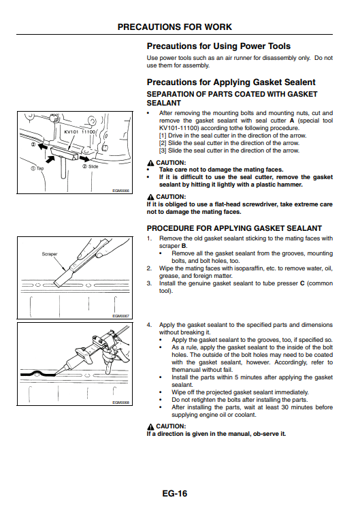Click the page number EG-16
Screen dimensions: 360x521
pos(175,494)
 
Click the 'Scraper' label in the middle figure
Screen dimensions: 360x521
pos(50,254)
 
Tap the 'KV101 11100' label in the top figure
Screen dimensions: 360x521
pos(80,131)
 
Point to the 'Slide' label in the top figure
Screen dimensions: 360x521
pos(93,166)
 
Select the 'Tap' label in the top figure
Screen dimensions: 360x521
pos(40,168)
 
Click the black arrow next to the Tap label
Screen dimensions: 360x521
pos(50,159)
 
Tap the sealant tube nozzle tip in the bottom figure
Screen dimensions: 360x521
pos(55,373)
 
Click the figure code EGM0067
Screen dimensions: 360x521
pos(121,316)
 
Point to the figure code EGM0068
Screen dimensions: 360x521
pos(121,402)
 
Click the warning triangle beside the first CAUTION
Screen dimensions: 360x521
pos(150,163)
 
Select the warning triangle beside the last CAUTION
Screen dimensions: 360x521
pos(150,426)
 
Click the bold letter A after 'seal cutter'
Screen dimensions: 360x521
pos(292,121)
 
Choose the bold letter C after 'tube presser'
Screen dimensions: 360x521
pos(302,283)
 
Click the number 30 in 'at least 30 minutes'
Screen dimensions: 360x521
pos(285,407)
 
